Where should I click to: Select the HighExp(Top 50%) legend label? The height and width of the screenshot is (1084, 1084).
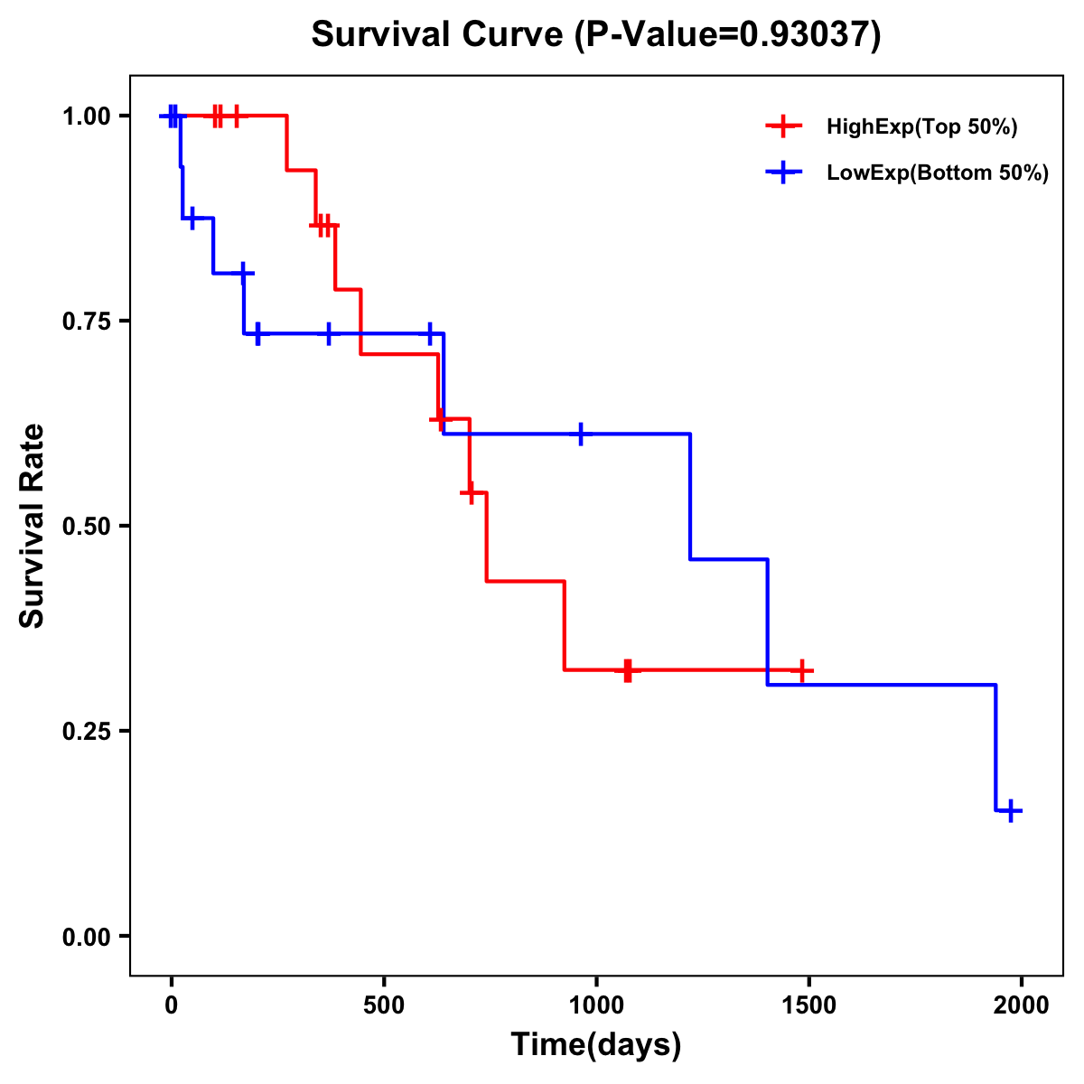(x=921, y=126)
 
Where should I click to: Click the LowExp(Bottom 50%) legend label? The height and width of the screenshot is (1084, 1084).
(x=937, y=173)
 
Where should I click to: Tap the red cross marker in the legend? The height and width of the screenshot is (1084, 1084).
(x=783, y=126)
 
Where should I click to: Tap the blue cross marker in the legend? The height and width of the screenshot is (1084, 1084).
(x=783, y=173)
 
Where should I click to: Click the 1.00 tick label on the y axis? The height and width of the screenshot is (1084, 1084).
(x=86, y=117)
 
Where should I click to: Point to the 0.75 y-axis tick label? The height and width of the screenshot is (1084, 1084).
(x=86, y=322)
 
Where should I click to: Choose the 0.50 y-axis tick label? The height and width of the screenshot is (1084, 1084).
(x=86, y=527)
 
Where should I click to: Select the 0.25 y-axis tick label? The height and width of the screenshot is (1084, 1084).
(x=86, y=732)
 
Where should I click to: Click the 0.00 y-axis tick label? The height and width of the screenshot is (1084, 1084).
(x=86, y=937)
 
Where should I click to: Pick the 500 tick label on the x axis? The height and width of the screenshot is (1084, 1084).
(x=384, y=1005)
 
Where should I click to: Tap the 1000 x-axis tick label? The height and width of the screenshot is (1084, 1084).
(x=596, y=1005)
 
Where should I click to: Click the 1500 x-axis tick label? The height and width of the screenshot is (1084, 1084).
(x=808, y=1005)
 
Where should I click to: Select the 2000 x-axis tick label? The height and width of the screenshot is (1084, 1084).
(x=1022, y=1005)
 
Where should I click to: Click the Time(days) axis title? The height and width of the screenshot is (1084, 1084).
(x=596, y=1045)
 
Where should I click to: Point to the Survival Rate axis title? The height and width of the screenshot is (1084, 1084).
(x=33, y=526)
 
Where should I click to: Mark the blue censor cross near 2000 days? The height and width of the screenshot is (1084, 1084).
(x=1011, y=810)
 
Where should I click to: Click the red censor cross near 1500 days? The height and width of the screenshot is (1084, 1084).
(x=801, y=670)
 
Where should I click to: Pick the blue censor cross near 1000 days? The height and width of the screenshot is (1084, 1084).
(x=580, y=434)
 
